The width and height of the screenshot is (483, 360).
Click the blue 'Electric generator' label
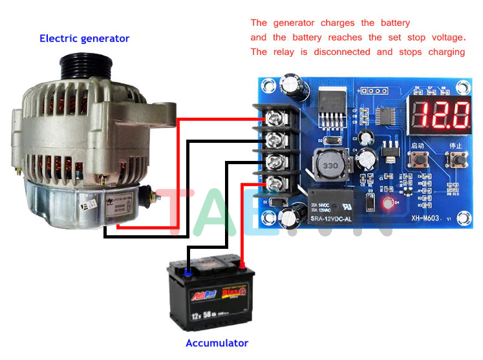(84, 38)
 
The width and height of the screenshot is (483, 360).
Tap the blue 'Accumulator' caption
(217, 343)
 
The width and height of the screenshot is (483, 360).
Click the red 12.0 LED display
(442, 115)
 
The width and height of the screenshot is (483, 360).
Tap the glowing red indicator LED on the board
(388, 205)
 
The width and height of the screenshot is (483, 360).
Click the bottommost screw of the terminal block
(274, 183)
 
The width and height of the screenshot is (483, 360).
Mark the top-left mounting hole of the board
(265, 87)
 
